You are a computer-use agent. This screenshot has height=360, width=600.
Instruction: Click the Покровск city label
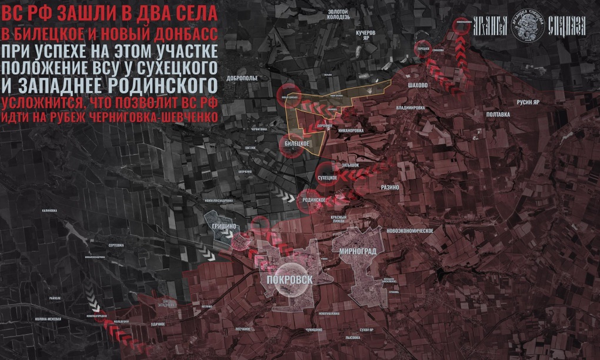tap(289, 280)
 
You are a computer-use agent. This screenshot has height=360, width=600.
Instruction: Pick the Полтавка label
tap(498, 114)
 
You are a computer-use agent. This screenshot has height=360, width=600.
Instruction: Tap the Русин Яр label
tap(528, 102)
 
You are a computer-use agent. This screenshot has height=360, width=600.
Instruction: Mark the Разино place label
tap(390, 187)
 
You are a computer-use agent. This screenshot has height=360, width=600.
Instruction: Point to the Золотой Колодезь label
tap(338, 14)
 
